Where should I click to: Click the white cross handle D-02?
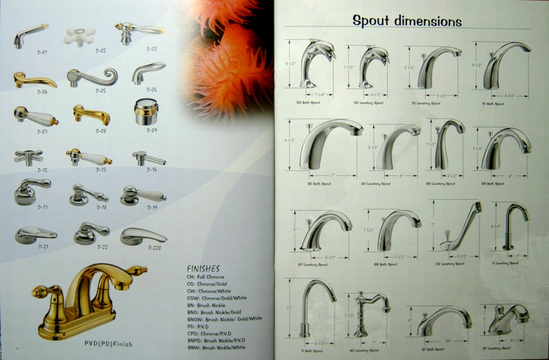(x=79, y=36)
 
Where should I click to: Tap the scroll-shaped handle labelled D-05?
(x=92, y=77)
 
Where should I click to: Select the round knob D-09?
(x=146, y=111)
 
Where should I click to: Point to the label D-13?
(x=101, y=170)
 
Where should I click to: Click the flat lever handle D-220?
(x=143, y=236)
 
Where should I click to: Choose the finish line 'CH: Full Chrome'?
(x=205, y=277)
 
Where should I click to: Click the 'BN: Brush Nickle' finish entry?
(x=206, y=305)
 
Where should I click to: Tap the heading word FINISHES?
(x=203, y=269)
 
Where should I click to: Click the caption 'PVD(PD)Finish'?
(x=108, y=344)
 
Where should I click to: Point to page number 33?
(x=17, y=349)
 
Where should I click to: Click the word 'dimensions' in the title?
(x=428, y=21)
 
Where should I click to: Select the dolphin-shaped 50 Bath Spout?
(x=316, y=62)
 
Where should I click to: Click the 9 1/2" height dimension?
(x=291, y=64)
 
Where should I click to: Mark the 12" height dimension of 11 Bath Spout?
(x=289, y=307)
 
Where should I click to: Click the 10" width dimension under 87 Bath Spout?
(x=448, y=341)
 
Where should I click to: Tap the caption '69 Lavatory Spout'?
(x=440, y=184)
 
